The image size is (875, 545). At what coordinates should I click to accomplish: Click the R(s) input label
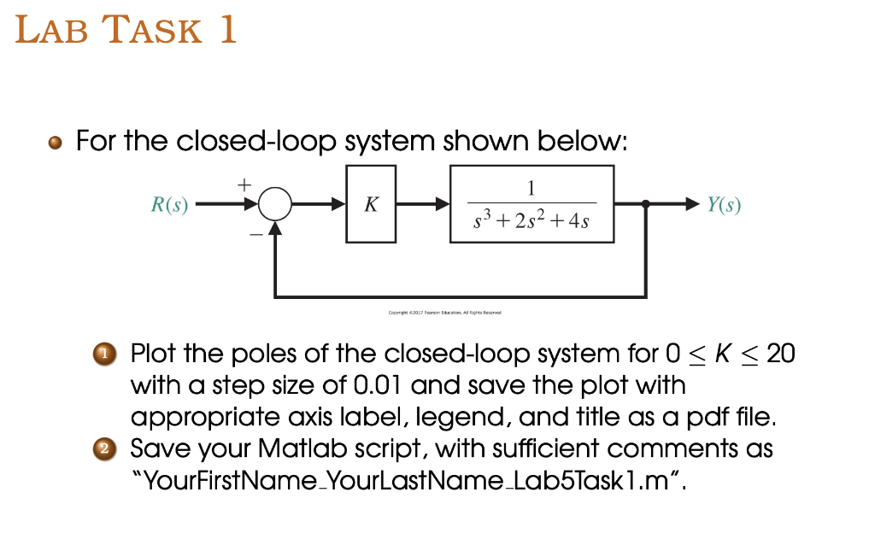pos(169,205)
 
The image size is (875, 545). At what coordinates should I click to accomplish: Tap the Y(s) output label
pos(724,205)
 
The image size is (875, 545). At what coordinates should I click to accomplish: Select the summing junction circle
pos(275,205)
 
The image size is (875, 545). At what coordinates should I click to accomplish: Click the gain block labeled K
pos(371,205)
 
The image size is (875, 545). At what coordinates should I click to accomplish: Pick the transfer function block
pos(531,205)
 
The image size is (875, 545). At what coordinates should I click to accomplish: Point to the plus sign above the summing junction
pos(244,183)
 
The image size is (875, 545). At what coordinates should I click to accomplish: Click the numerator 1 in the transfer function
pos(531,188)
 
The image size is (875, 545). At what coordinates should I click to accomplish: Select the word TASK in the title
pos(152,32)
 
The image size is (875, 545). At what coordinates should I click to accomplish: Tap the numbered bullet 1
pos(105,353)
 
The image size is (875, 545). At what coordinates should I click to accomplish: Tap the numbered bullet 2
pos(105,448)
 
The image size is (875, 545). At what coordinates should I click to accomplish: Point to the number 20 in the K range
pos(780,353)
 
